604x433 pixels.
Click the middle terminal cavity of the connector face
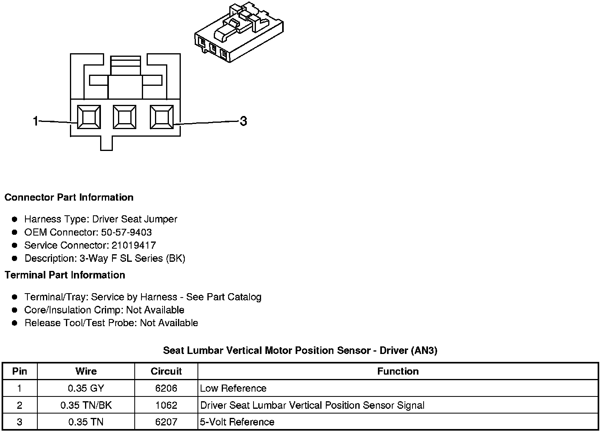click(x=124, y=117)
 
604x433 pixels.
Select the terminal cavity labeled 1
click(x=88, y=117)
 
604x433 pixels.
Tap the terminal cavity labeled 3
click(x=161, y=117)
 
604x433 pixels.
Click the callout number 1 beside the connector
click(x=36, y=121)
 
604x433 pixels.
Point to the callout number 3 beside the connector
click(x=243, y=121)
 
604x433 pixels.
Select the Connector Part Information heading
click(x=69, y=197)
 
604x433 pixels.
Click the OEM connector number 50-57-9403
click(x=126, y=232)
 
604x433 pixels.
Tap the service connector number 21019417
click(x=134, y=245)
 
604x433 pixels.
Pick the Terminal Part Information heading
click(x=65, y=275)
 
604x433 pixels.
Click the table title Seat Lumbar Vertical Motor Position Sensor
click(x=300, y=350)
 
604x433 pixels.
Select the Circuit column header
click(x=166, y=371)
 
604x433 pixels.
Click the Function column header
click(x=398, y=371)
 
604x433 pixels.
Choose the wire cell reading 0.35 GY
click(x=86, y=388)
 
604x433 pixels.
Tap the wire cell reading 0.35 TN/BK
click(x=86, y=405)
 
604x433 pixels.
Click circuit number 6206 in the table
click(x=166, y=388)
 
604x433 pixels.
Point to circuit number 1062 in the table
click(x=166, y=405)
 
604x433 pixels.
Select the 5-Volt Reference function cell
click(x=237, y=422)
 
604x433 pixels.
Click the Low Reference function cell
click(x=233, y=388)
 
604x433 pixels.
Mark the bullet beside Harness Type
click(x=15, y=219)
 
